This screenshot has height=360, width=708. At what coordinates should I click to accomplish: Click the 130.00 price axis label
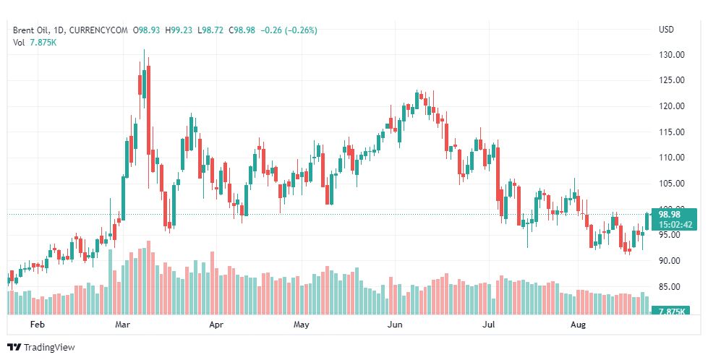pos(672,55)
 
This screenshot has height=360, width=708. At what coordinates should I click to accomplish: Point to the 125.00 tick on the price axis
pos(672,80)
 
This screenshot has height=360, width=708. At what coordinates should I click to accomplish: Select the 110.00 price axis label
pos(672,158)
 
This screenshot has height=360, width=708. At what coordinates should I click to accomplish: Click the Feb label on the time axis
pos(38,325)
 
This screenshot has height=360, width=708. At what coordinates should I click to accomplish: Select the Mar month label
pos(123,325)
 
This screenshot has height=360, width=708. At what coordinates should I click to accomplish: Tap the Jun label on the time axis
pos(395,325)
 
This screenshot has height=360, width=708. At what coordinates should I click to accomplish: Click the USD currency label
pos(666,30)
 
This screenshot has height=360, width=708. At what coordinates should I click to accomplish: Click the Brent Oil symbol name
pos(31,30)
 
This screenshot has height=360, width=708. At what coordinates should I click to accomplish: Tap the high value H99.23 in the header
pos(179,30)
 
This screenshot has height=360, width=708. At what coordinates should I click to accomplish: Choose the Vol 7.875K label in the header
pos(35,43)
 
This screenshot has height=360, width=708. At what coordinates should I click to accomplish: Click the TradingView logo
pos(40,348)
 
